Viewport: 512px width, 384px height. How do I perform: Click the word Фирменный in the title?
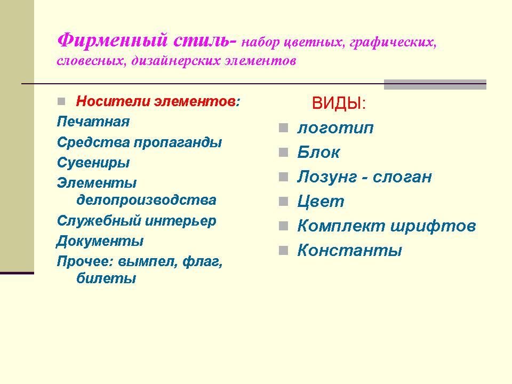(113, 41)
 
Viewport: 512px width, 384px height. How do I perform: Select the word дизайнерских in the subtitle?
(176, 61)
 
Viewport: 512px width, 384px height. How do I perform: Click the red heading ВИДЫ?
(339, 103)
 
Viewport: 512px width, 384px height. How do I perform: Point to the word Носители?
(113, 101)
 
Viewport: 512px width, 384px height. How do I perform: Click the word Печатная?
(93, 122)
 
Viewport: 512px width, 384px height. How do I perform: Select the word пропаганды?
(178, 143)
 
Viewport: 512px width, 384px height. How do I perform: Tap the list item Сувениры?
(93, 163)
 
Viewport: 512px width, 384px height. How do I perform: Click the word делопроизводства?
(146, 200)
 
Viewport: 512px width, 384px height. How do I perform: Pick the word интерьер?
(181, 221)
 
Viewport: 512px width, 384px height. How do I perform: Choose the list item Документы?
(100, 241)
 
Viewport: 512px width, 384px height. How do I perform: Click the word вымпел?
(148, 262)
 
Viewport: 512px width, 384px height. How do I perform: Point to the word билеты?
(106, 278)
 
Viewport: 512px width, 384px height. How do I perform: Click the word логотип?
(335, 128)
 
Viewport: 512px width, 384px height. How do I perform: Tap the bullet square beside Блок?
(283, 152)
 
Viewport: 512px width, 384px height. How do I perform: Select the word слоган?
(402, 177)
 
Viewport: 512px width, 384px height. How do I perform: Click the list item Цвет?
(321, 202)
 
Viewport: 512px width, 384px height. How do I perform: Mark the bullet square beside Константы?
(283, 251)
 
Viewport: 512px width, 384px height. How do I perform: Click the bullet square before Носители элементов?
(61, 101)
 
